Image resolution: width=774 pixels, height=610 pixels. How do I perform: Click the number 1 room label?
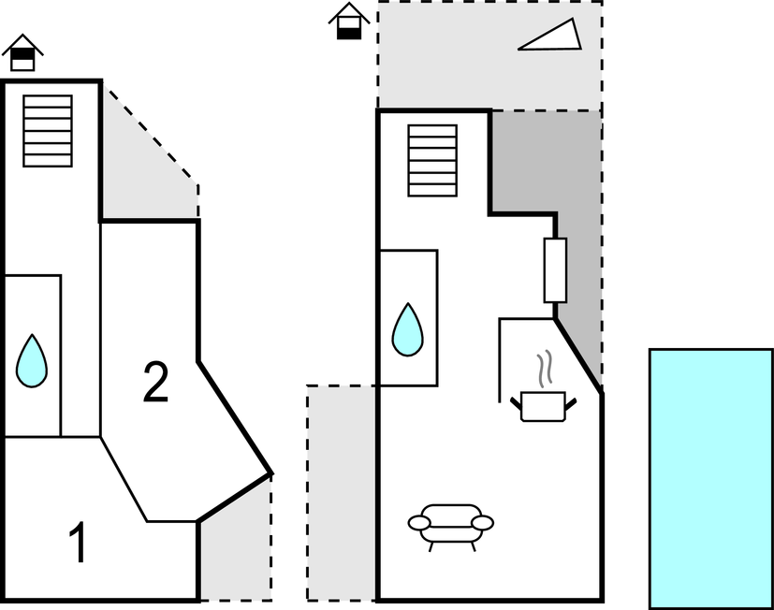(x=80, y=544)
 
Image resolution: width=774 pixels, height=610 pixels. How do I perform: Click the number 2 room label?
(x=155, y=384)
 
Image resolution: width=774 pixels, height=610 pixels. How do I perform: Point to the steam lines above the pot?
(x=544, y=370)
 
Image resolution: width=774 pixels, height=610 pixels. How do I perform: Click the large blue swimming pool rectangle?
(x=710, y=478)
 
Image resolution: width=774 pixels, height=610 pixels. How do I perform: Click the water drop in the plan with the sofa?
(x=407, y=329)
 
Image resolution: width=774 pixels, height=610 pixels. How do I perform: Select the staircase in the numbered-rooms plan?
(x=48, y=131)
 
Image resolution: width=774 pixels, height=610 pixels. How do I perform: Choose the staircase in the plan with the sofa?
(x=432, y=161)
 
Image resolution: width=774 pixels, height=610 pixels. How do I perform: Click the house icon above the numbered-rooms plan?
(x=22, y=54)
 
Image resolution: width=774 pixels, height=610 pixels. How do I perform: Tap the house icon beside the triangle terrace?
(x=349, y=22)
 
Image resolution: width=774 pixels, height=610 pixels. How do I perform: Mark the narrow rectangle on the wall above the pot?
(x=555, y=270)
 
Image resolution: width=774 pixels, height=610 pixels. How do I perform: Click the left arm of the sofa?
(x=416, y=522)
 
